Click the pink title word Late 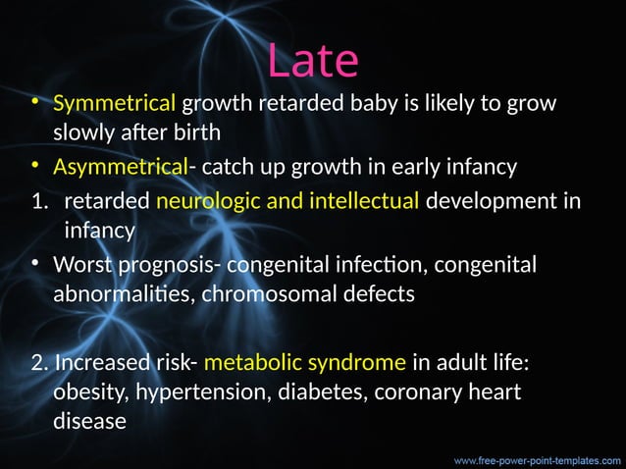pos(313,60)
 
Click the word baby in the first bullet pos(376,102)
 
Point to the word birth pos(190,132)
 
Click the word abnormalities pos(122,294)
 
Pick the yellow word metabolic pos(252,363)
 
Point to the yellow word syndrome pos(355,363)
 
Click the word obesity pos(86,393)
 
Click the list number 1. pos(37,201)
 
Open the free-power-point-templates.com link pos(536,457)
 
